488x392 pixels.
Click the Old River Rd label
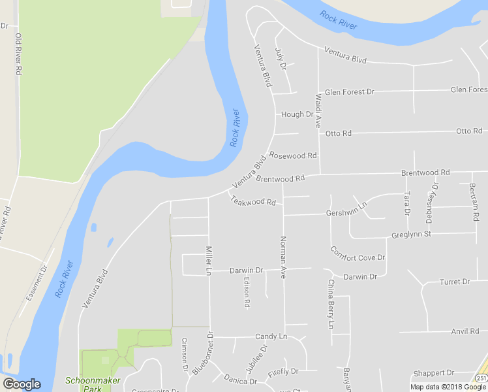pyautogui.click(x=19, y=53)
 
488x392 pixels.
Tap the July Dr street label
pyautogui.click(x=282, y=59)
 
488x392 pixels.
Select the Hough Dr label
pyautogui.click(x=297, y=114)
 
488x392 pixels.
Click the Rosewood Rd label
pyautogui.click(x=293, y=155)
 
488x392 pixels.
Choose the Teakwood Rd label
pyautogui.click(x=253, y=201)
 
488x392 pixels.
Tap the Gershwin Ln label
pyautogui.click(x=347, y=209)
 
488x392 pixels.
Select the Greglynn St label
pyautogui.click(x=412, y=234)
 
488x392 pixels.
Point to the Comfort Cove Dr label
pyautogui.click(x=358, y=253)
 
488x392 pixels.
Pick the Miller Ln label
pyautogui.click(x=209, y=259)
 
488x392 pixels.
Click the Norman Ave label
pyautogui.click(x=283, y=257)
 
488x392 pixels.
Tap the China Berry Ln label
pyautogui.click(x=330, y=304)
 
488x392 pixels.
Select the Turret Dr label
pyautogui.click(x=455, y=282)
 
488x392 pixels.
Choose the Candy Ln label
pyautogui.click(x=271, y=336)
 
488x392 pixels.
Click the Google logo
pyautogui.click(x=22, y=384)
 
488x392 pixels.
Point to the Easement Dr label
pyautogui.click(x=37, y=282)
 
